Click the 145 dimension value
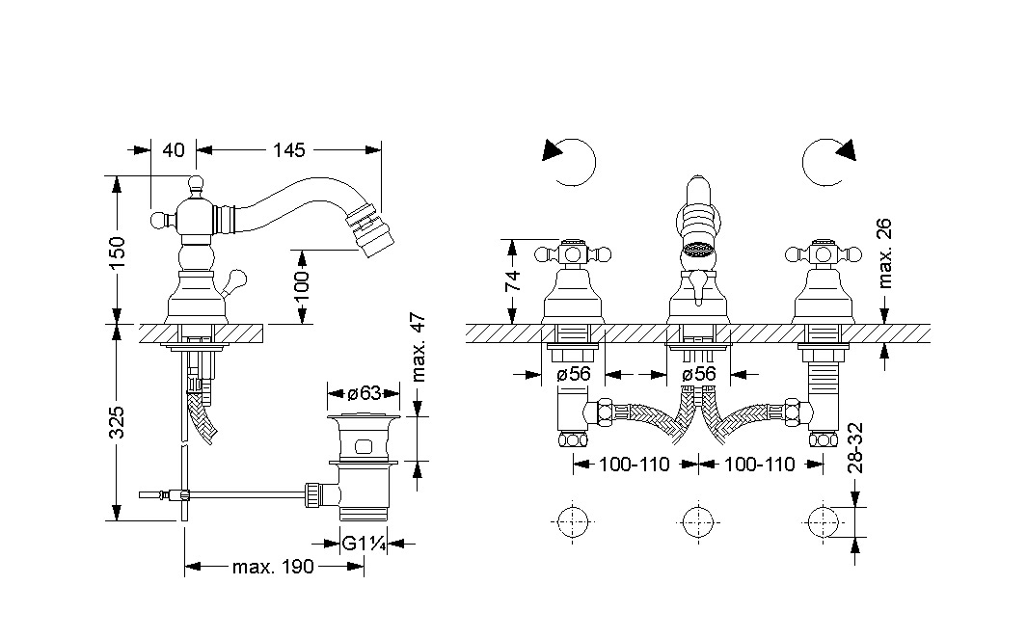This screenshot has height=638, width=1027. [x=289, y=149]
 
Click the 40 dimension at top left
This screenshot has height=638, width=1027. [x=174, y=149]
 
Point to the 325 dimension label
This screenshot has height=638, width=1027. [x=117, y=422]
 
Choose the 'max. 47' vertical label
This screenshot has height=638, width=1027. [x=419, y=348]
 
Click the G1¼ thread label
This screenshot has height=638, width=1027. [x=365, y=544]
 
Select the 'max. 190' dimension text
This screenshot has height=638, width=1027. [x=273, y=567]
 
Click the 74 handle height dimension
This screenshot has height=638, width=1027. [x=513, y=280]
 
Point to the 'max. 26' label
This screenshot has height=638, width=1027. [x=885, y=253]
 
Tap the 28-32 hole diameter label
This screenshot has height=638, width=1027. [x=854, y=447]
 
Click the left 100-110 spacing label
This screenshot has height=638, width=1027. [x=635, y=465]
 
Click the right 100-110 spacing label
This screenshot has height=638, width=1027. [x=760, y=465]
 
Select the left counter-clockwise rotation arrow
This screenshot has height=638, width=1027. [x=569, y=159]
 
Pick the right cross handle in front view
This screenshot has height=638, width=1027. [x=822, y=255]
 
